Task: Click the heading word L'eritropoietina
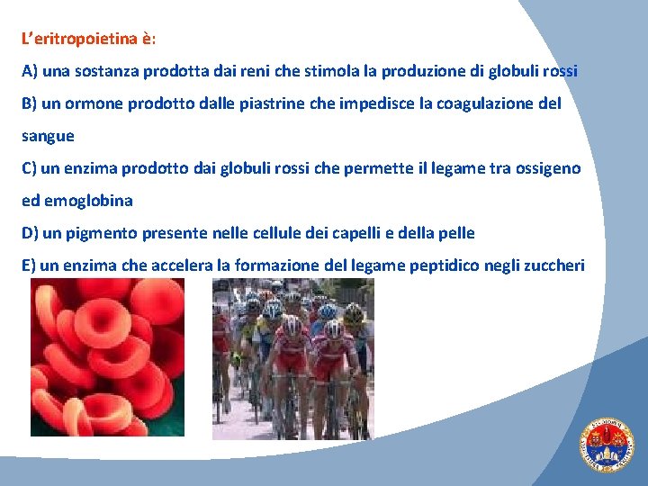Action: click(x=82, y=40)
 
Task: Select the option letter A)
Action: click(x=30, y=71)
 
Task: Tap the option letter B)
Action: click(x=30, y=103)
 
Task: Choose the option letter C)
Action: click(x=30, y=168)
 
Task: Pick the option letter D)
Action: click(x=30, y=233)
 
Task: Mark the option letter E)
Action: click(x=30, y=265)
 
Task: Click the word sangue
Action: click(x=48, y=136)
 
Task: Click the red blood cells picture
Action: click(x=107, y=357)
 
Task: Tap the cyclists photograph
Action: click(x=292, y=358)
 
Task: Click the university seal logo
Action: click(x=606, y=445)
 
